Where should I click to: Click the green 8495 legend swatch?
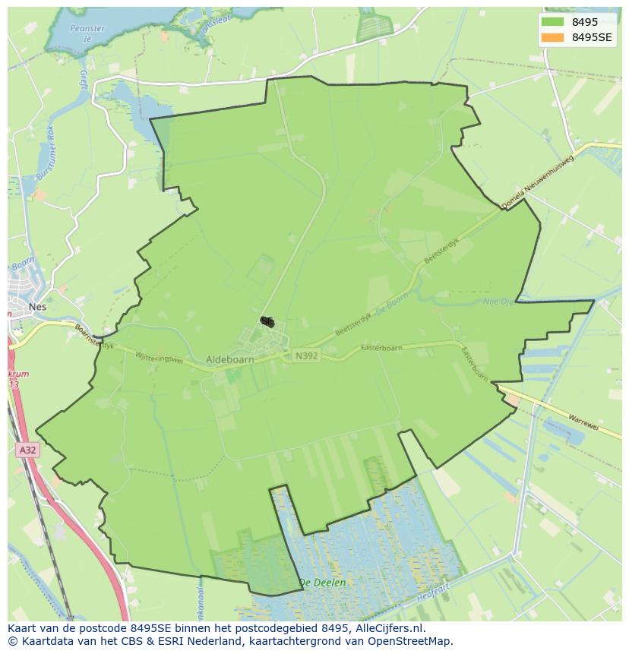pos(552,22)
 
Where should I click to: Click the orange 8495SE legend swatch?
pos(552,37)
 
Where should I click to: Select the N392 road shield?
pos(306,355)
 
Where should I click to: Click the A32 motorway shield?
pos(27,450)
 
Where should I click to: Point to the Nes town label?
pos(36,307)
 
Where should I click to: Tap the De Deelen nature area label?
pos(322,583)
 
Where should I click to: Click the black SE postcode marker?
pos(267,322)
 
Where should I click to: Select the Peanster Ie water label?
pos(87,33)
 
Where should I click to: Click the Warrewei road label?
pos(583,422)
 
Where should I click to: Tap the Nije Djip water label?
pos(500,302)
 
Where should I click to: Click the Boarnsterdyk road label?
pos(93,336)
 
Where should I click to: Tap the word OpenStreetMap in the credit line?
pos(409,641)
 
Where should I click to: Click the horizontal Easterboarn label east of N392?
pos(381,348)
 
